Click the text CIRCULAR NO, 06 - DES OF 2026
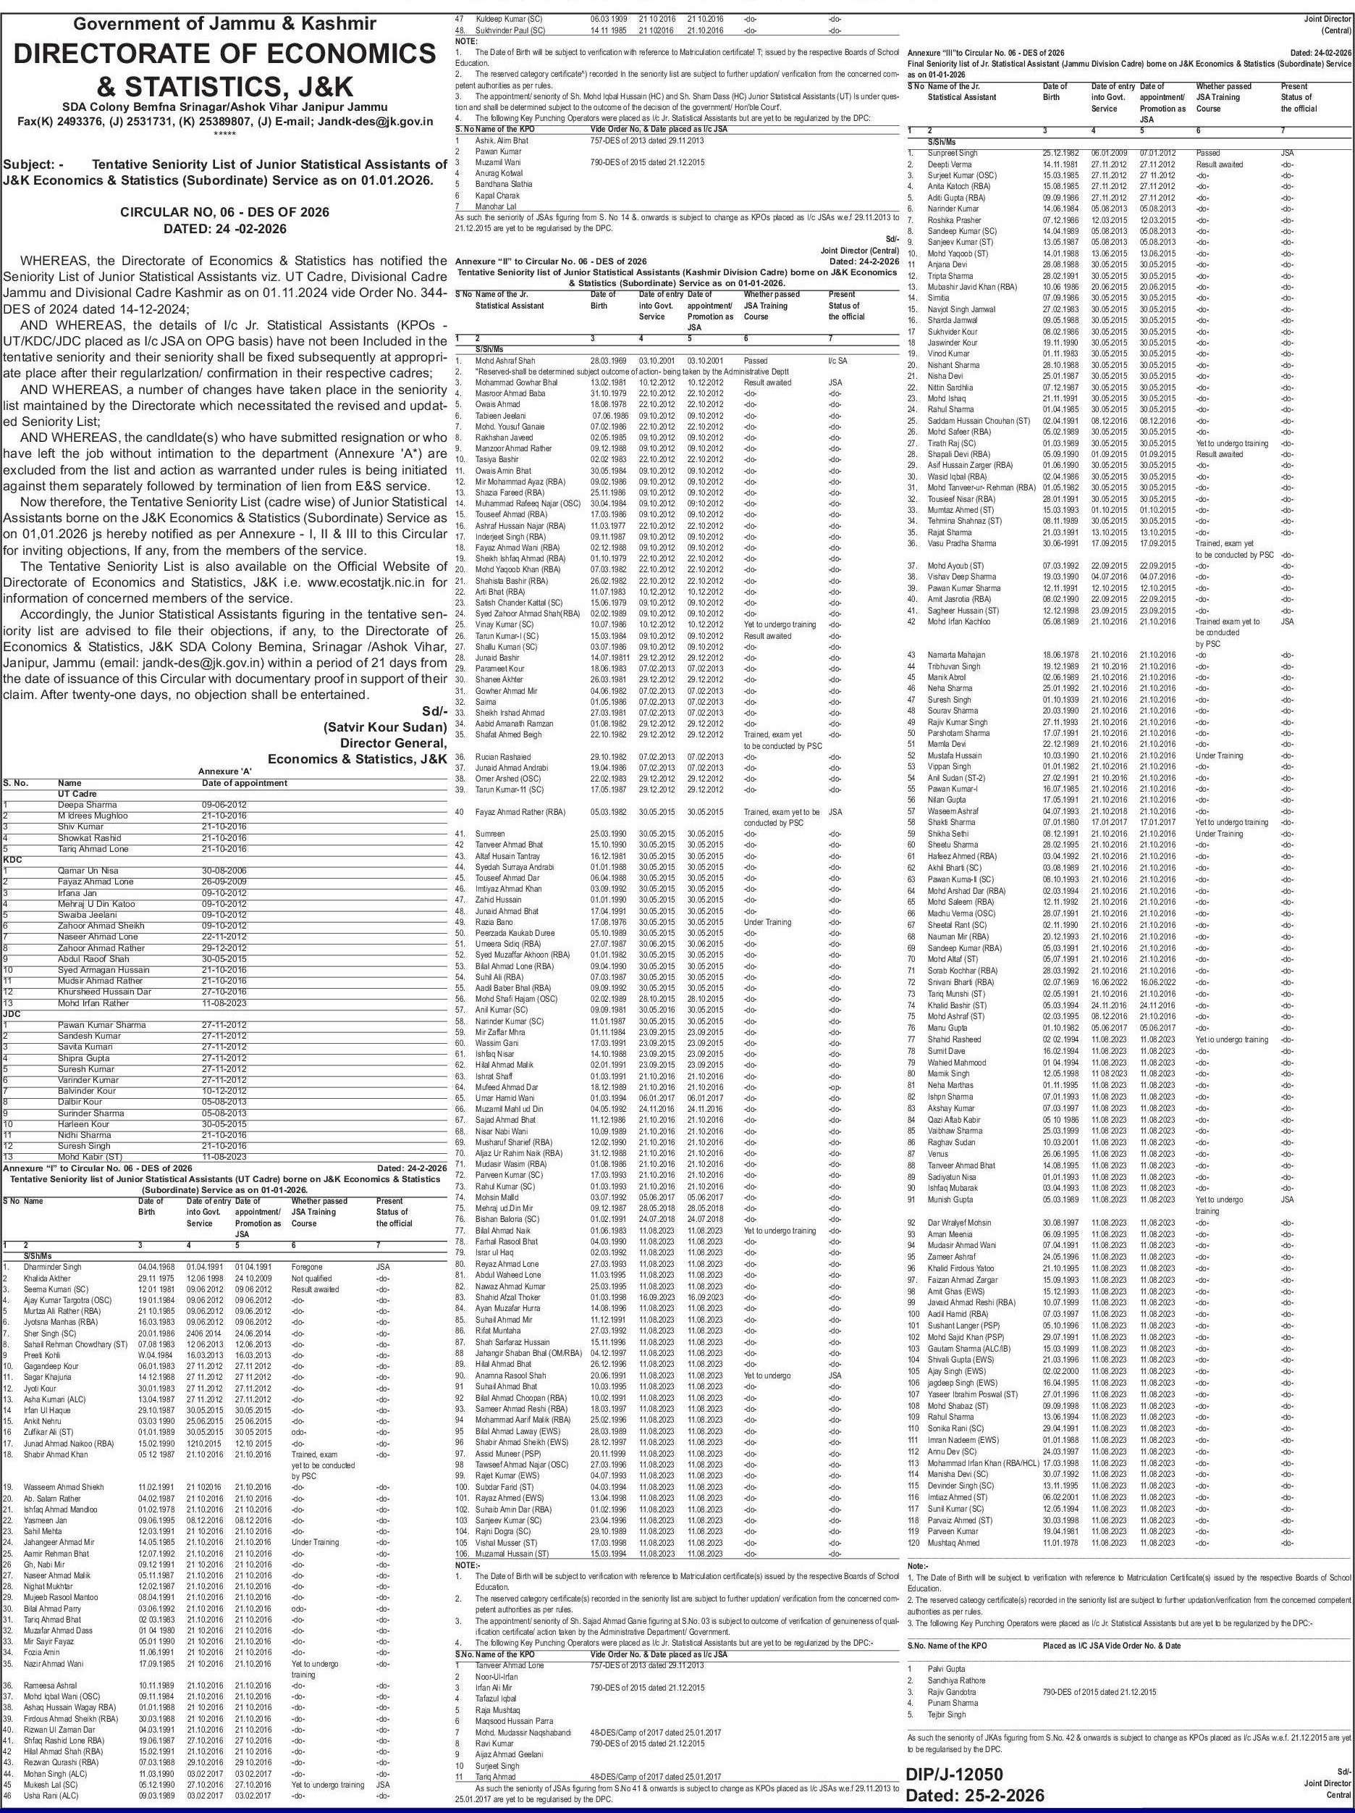click(x=224, y=212)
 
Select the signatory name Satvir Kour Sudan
click(x=384, y=727)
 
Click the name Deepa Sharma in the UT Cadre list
click(x=87, y=805)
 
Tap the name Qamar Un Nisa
click(x=87, y=871)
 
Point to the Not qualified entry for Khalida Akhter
click(x=311, y=1278)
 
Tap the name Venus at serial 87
click(x=938, y=1153)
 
